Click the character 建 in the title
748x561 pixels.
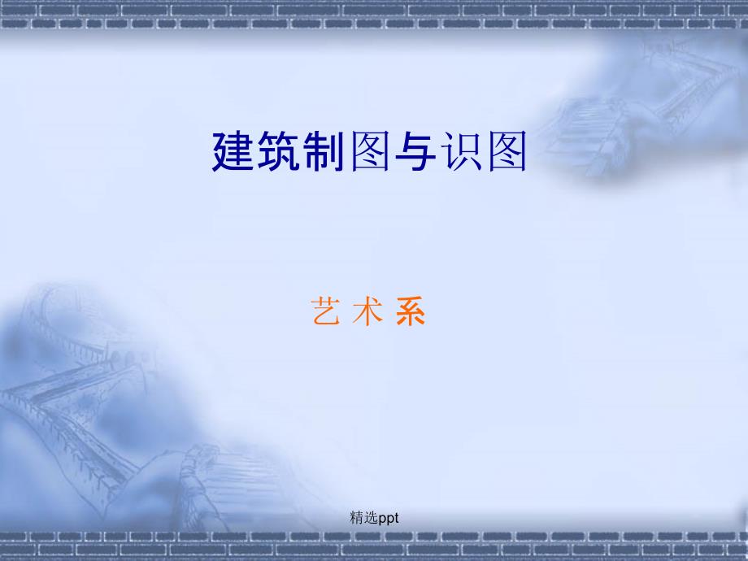tap(233, 151)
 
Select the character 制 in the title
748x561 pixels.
tap(324, 151)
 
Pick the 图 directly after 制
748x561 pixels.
tap(370, 151)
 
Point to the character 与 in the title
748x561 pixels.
tap(415, 151)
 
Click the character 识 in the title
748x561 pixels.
tap(461, 151)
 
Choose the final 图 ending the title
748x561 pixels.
tap(507, 151)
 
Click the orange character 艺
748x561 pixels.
tap(325, 311)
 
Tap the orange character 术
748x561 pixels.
tap(367, 311)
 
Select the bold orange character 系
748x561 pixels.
tap(411, 311)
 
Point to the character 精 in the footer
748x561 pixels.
tap(357, 517)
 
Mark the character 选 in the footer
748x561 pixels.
tap(371, 517)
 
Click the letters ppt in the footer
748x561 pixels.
tap(389, 518)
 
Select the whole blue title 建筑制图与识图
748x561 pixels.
tap(369, 151)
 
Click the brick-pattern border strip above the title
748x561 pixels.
tap(374, 15)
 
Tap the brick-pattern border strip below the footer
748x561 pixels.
tap(374, 546)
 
